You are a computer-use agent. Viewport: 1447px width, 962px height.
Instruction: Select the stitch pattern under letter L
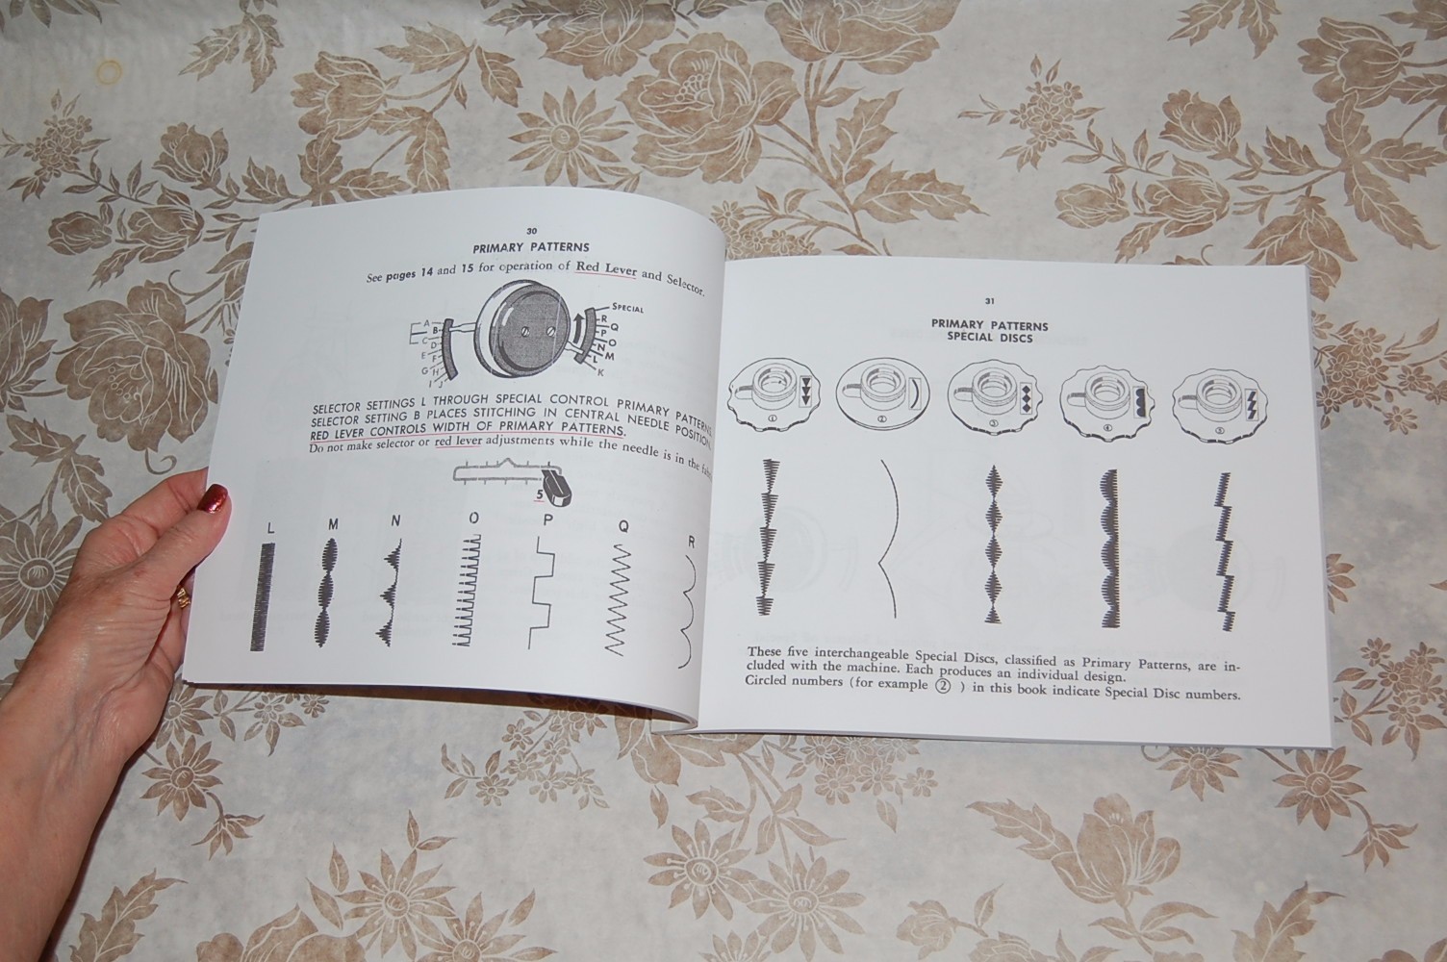coord(259,596)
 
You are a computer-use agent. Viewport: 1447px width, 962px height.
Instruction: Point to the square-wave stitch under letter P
coord(543,596)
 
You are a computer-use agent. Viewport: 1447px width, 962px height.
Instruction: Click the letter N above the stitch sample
coord(395,521)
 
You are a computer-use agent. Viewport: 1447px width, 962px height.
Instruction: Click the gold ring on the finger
coord(181,599)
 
